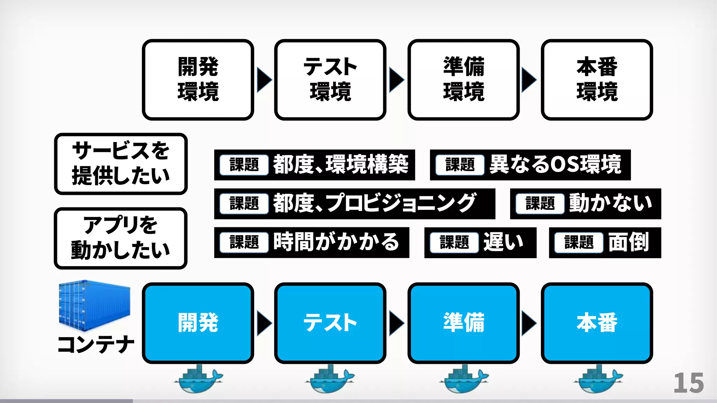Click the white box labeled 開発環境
pyautogui.click(x=198, y=80)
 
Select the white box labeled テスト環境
pyautogui.click(x=330, y=80)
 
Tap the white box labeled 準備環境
pyautogui.click(x=464, y=80)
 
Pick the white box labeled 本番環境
pyautogui.click(x=597, y=80)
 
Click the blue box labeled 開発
pyautogui.click(x=198, y=323)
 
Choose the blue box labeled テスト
pyautogui.click(x=330, y=323)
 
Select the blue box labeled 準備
pyautogui.click(x=464, y=323)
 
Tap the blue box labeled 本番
pyautogui.click(x=597, y=323)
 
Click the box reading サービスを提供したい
pyautogui.click(x=121, y=164)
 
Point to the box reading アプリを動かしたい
pyautogui.click(x=121, y=238)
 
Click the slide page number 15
pyautogui.click(x=688, y=383)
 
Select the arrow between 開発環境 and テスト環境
pyautogui.click(x=264, y=80)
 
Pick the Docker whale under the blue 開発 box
pyautogui.click(x=199, y=379)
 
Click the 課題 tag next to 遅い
pyautogui.click(x=454, y=242)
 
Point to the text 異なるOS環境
pyautogui.click(x=555, y=164)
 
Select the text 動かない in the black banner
pyautogui.click(x=611, y=203)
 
